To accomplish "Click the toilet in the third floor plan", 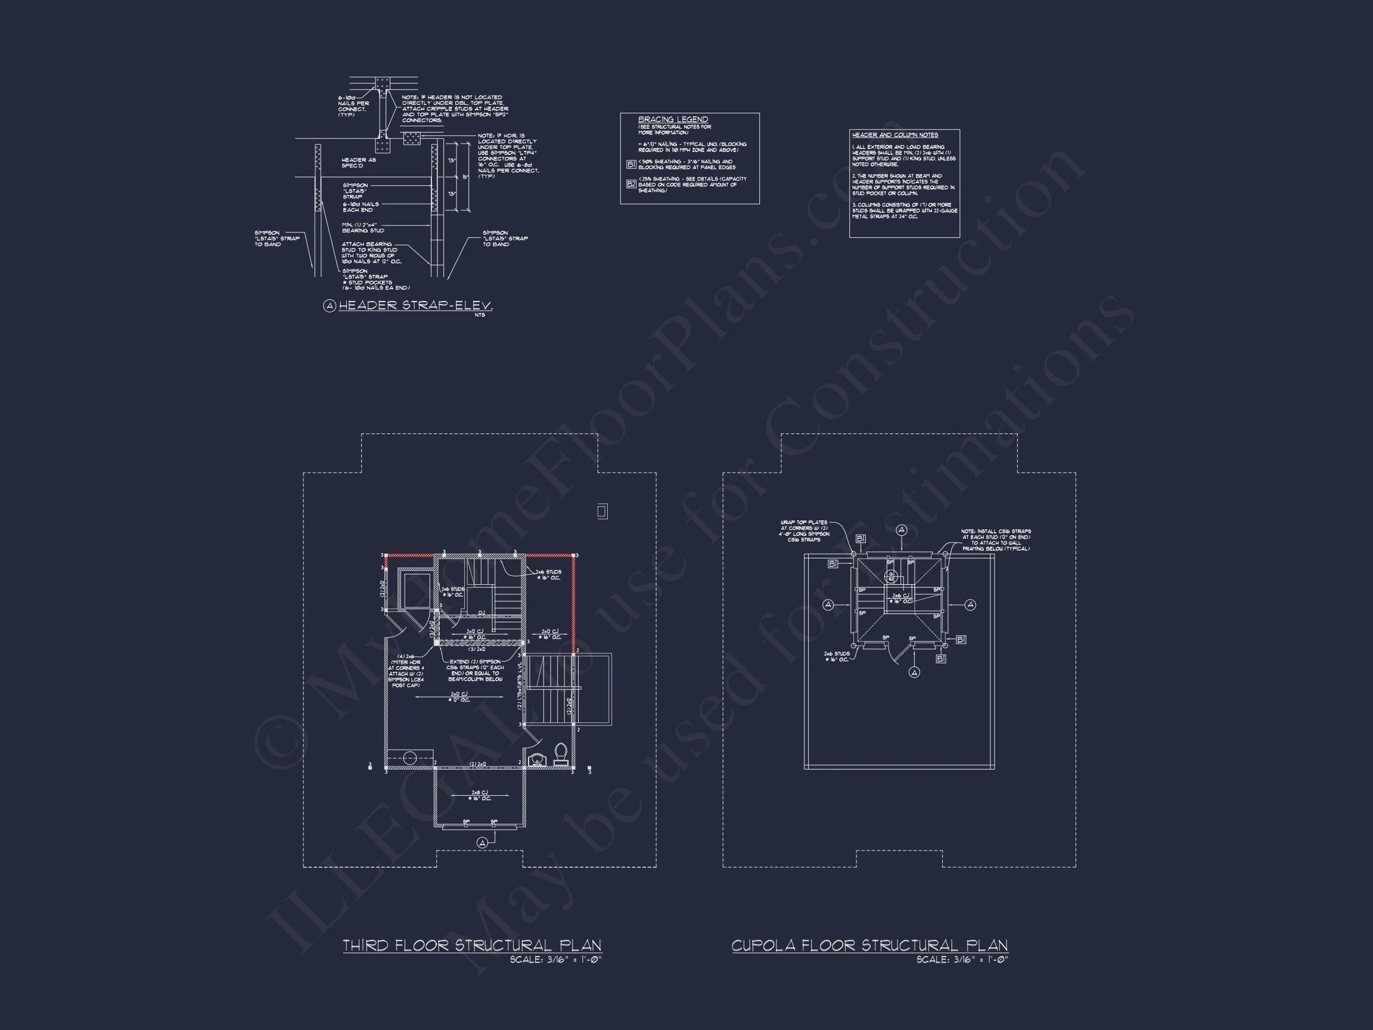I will click(x=561, y=753).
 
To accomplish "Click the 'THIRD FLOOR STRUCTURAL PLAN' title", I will click(x=472, y=945).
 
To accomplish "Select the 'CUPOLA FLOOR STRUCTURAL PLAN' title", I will click(x=869, y=945).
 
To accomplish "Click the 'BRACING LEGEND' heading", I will click(x=673, y=119).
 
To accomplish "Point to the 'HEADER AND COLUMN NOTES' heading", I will click(x=894, y=135).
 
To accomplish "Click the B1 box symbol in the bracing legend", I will click(x=630, y=165).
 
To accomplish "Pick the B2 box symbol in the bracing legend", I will click(x=630, y=184).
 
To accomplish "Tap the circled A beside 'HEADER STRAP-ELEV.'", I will click(x=330, y=305).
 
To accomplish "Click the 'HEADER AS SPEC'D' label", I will click(x=358, y=163).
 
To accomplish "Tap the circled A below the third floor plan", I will click(x=482, y=842).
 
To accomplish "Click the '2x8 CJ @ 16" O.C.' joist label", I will click(x=480, y=795).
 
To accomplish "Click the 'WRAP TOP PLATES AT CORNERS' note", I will click(x=804, y=531).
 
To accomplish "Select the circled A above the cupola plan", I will click(x=901, y=529).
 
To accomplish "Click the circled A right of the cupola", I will click(x=970, y=605).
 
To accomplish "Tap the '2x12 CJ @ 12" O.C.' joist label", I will click(x=459, y=697).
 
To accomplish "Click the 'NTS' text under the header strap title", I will click(x=479, y=315).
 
